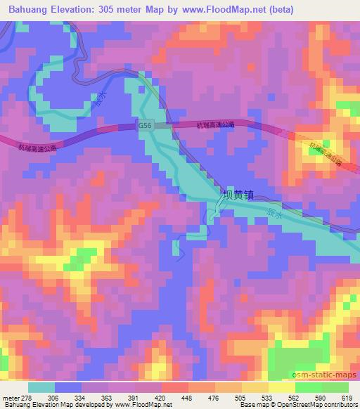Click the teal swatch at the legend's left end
41,387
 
